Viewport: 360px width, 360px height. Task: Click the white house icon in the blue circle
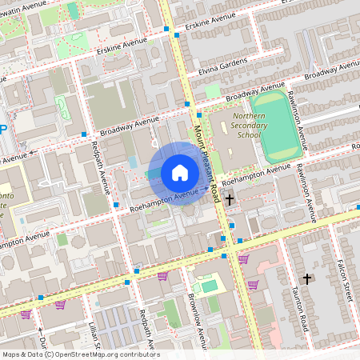180,173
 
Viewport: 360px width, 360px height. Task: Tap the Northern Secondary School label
238,124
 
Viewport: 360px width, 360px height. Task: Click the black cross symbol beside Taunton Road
306,278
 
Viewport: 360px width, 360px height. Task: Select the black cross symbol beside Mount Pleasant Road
230,198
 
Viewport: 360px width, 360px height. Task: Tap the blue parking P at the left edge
3,130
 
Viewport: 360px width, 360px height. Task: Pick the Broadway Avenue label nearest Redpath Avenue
124,127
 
